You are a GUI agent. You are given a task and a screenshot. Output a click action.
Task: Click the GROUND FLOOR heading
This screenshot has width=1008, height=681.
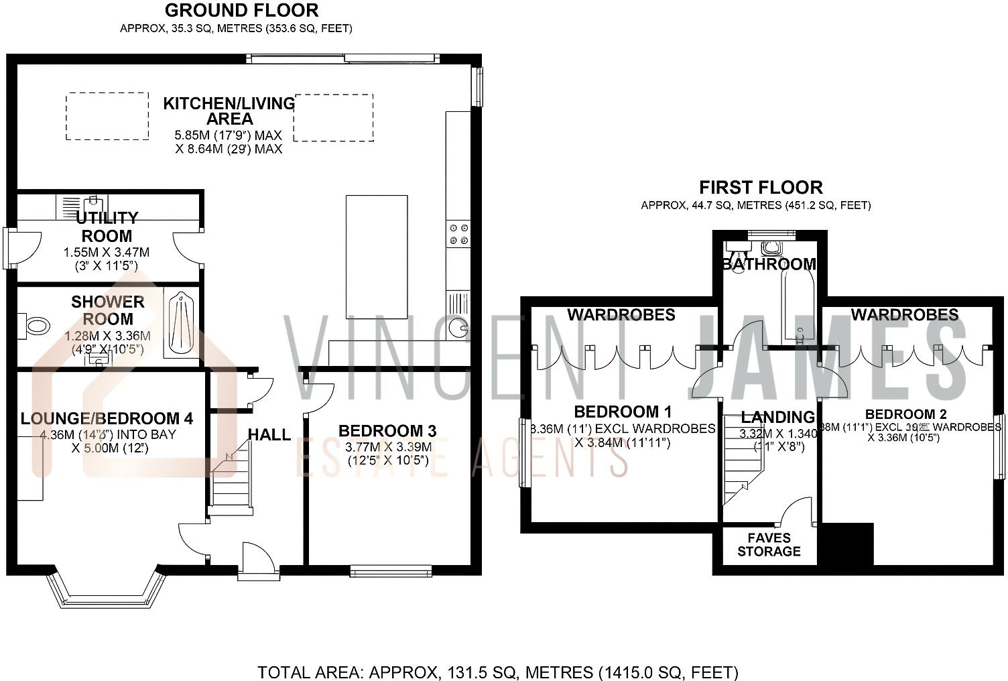pyautogui.click(x=241, y=11)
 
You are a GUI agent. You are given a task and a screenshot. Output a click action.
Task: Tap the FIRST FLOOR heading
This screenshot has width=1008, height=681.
pyautogui.click(x=761, y=187)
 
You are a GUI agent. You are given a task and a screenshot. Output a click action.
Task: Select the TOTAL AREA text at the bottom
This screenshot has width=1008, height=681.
pyautogui.click(x=498, y=672)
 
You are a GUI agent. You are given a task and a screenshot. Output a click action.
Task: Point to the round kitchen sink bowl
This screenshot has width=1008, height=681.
pyautogui.click(x=458, y=328)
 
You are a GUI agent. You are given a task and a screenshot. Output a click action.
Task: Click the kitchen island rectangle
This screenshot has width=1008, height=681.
pyautogui.click(x=377, y=257)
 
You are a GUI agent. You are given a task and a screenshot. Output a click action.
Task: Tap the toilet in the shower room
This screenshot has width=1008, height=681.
pyautogui.click(x=36, y=326)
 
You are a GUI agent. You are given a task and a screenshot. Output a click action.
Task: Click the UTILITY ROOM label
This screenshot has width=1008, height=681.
pyautogui.click(x=107, y=227)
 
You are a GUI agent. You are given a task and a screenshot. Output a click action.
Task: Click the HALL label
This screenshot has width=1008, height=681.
pyautogui.click(x=269, y=434)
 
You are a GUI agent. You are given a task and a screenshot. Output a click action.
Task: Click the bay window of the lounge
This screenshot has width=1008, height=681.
pyautogui.click(x=106, y=590)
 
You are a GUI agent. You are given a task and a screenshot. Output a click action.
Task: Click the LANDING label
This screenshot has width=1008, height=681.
pyautogui.click(x=777, y=418)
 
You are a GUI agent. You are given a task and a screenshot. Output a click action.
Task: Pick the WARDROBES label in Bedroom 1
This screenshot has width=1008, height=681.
pyautogui.click(x=621, y=314)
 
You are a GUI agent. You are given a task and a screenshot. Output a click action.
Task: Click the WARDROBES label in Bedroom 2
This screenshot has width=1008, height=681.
pyautogui.click(x=905, y=314)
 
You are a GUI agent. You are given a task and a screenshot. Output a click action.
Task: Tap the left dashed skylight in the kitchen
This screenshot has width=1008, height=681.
pyautogui.click(x=107, y=116)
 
